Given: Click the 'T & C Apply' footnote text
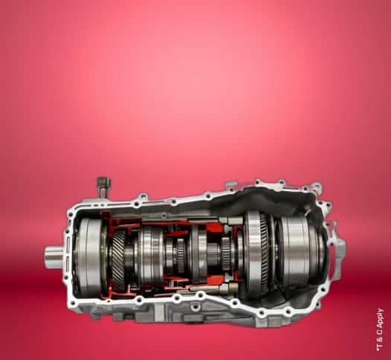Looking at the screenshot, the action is tap(380, 330).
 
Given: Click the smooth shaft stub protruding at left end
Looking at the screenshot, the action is tap(54, 257).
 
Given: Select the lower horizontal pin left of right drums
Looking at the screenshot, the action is tap(230, 289).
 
